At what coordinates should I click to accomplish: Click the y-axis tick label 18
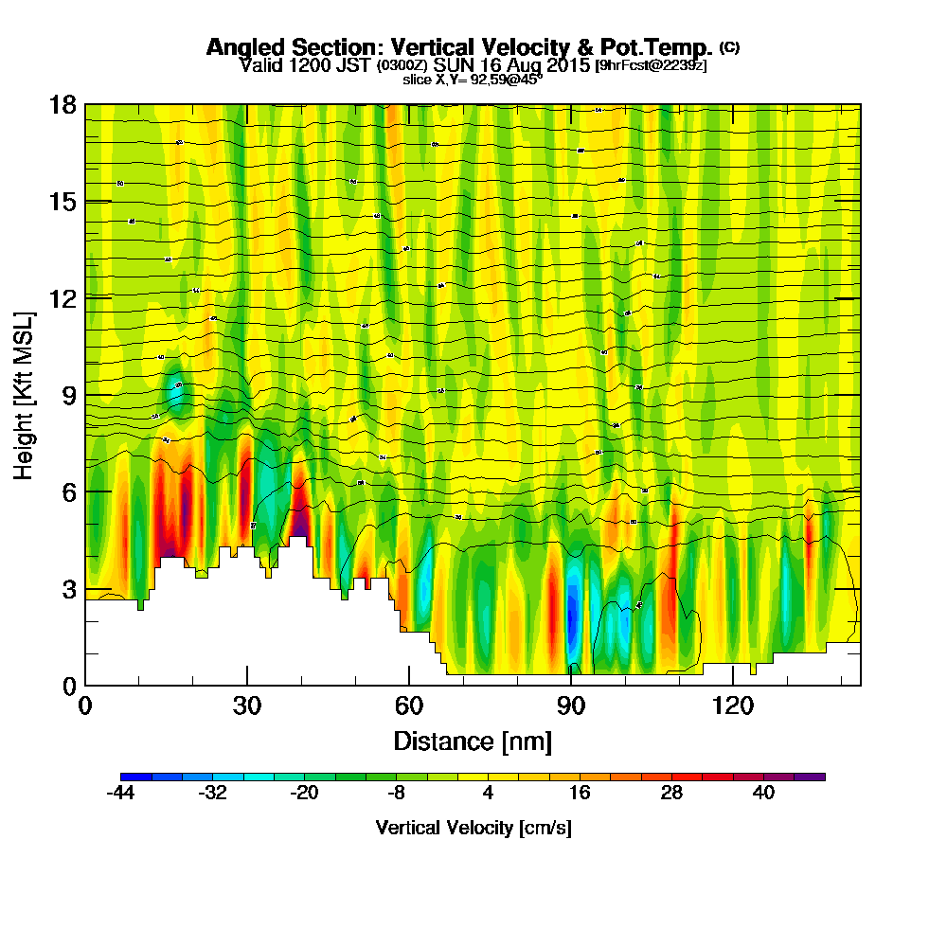point(63,104)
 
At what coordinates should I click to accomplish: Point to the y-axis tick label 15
point(63,202)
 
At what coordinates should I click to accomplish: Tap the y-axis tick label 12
point(63,298)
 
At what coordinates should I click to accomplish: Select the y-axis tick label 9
point(68,395)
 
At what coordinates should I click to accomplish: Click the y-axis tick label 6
point(68,491)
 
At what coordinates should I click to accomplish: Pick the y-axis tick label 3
point(68,588)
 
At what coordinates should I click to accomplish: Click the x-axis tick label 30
point(247,706)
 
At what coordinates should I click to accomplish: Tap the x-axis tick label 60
point(409,706)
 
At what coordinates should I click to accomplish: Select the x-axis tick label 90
point(571,706)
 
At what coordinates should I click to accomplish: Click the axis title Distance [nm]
point(473,740)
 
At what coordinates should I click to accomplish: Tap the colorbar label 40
point(763,794)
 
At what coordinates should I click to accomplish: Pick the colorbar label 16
point(580,794)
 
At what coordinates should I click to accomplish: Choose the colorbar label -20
point(304,794)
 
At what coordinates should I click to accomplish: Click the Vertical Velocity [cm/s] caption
point(473,828)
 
